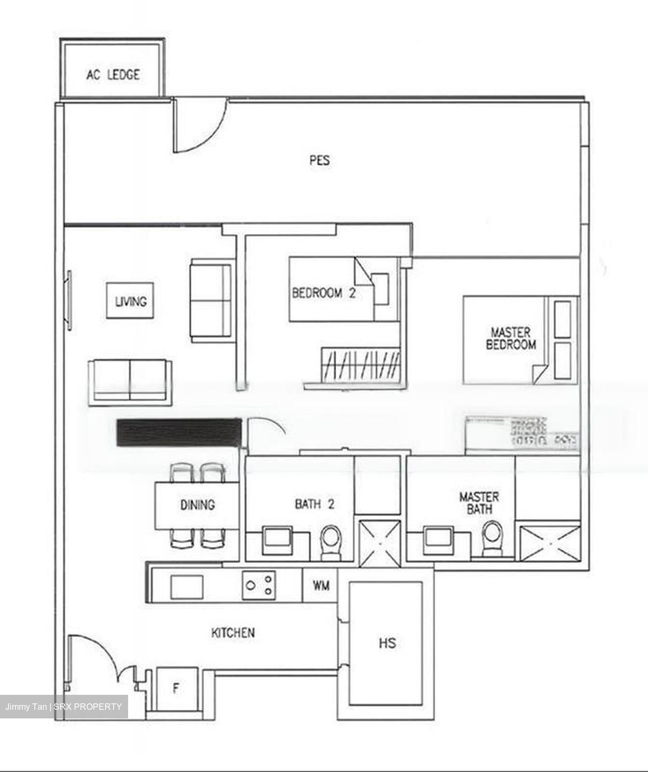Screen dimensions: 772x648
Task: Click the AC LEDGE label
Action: pyautogui.click(x=113, y=75)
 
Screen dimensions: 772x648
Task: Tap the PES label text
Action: pyautogui.click(x=319, y=160)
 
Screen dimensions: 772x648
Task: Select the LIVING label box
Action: pyautogui.click(x=131, y=301)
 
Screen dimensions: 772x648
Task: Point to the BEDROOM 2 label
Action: pyautogui.click(x=323, y=293)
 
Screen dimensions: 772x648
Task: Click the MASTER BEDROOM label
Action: pyautogui.click(x=510, y=338)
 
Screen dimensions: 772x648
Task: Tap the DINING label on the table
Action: pyautogui.click(x=197, y=504)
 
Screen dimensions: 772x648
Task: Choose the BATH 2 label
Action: pyautogui.click(x=315, y=504)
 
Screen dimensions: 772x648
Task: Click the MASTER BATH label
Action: pyautogui.click(x=479, y=503)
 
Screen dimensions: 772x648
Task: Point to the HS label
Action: pyautogui.click(x=387, y=642)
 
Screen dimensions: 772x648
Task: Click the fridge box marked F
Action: pyautogui.click(x=176, y=689)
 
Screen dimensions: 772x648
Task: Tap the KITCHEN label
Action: pyautogui.click(x=233, y=633)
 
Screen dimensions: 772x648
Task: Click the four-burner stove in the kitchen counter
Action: pyautogui.click(x=259, y=585)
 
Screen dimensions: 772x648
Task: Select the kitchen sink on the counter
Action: pyautogui.click(x=187, y=587)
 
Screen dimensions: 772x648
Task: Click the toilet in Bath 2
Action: pyautogui.click(x=330, y=541)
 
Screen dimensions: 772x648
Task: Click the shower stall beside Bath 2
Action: pyautogui.click(x=379, y=543)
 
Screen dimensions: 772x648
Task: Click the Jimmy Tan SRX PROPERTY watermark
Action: pyautogui.click(x=64, y=707)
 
